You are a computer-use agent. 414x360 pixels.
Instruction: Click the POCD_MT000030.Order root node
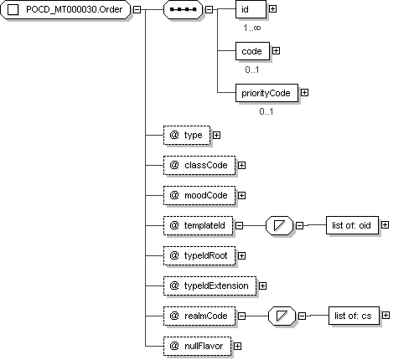(x=65, y=9)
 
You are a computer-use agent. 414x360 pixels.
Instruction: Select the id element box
(x=251, y=9)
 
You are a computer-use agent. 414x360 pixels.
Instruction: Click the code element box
(x=252, y=51)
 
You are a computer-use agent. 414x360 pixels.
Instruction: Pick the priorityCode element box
(x=267, y=93)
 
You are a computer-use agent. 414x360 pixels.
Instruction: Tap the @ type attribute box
(x=187, y=136)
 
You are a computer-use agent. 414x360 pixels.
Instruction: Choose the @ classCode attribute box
(x=199, y=166)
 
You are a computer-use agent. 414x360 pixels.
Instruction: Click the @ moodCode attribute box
(x=199, y=196)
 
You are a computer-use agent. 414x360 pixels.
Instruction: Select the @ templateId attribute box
(x=198, y=225)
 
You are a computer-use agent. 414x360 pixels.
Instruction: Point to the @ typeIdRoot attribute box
(x=199, y=255)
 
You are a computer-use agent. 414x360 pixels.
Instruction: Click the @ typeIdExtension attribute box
(x=210, y=285)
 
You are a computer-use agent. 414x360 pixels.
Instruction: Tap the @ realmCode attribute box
(x=199, y=316)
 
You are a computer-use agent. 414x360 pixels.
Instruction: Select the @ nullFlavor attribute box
(x=197, y=346)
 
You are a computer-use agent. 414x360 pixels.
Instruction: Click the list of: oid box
(x=352, y=225)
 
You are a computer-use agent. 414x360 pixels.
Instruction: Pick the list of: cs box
(x=354, y=316)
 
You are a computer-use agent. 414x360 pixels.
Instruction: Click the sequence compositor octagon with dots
(x=183, y=9)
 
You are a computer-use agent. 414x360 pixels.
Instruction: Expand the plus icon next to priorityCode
(x=304, y=93)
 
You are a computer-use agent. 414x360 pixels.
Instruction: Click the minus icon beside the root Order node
(x=137, y=9)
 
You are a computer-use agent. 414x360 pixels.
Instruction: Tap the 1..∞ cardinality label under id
(x=252, y=28)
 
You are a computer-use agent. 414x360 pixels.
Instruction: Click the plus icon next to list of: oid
(x=385, y=225)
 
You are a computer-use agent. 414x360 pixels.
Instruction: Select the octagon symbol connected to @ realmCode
(x=282, y=316)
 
